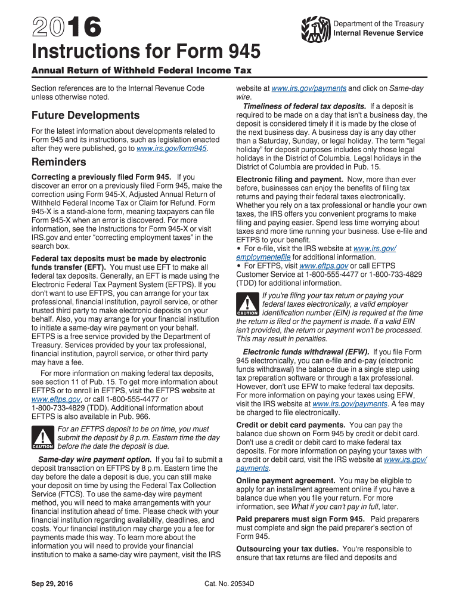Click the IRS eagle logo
(316, 28)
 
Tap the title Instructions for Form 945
(146, 53)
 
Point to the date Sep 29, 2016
(52, 584)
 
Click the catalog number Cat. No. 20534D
(229, 584)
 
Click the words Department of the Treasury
(379, 24)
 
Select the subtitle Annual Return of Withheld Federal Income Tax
(141, 70)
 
